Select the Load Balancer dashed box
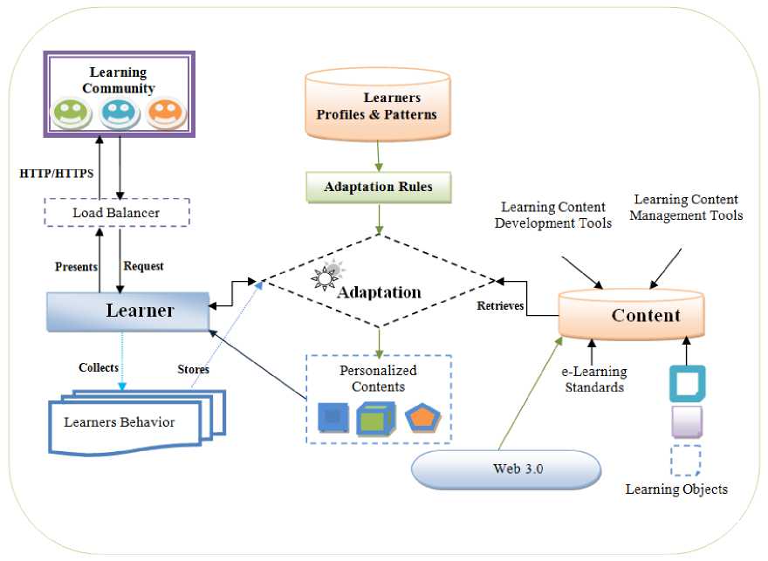click(116, 212)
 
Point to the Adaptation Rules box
click(378, 186)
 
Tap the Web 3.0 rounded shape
click(505, 469)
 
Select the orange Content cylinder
click(631, 315)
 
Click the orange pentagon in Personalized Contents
click(422, 417)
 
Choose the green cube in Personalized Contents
click(373, 418)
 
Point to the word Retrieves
click(499, 306)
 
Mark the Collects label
click(98, 367)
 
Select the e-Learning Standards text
click(593, 379)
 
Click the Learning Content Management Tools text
click(687, 208)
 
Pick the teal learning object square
click(687, 384)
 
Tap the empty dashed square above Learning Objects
click(686, 460)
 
